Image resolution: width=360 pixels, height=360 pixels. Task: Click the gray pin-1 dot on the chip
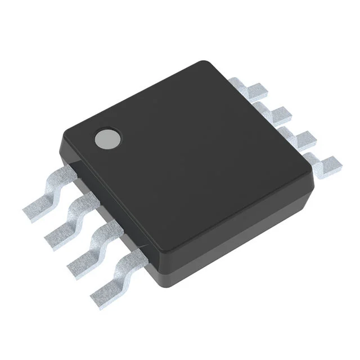[107, 138]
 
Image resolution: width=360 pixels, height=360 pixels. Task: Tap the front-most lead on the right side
[327, 163]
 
